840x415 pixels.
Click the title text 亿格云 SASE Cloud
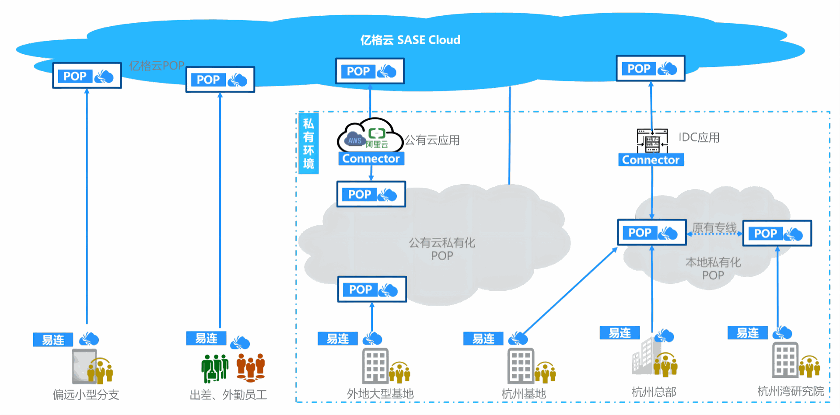(410, 40)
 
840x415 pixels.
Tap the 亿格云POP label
(157, 66)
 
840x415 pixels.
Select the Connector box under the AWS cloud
(371, 158)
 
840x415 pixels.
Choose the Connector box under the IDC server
(651, 160)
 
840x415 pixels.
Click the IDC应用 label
(699, 137)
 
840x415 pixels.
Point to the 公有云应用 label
(432, 140)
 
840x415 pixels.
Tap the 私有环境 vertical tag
(308, 143)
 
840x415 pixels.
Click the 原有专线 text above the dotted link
(714, 227)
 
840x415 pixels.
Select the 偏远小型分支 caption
(86, 394)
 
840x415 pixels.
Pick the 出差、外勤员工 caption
(228, 395)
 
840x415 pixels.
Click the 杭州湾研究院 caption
(790, 391)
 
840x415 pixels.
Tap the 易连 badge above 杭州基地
(483, 338)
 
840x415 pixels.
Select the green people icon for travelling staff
(214, 368)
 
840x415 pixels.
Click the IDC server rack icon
(652, 141)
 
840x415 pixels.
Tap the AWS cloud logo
(354, 140)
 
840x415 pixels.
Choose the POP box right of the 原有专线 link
(777, 234)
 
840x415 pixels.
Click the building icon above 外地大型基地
(375, 366)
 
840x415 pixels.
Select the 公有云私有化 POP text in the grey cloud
(442, 249)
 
